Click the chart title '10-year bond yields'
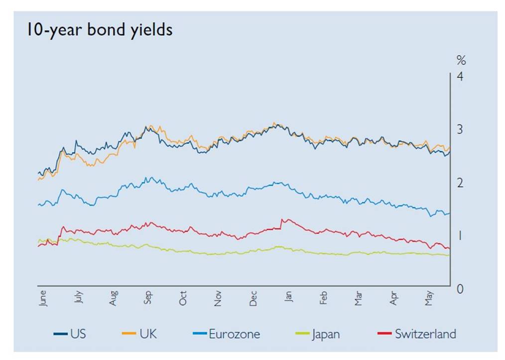(x=100, y=30)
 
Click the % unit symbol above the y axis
(x=461, y=61)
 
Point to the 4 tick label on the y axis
(x=461, y=77)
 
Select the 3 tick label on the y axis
(x=461, y=129)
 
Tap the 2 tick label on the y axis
(x=461, y=183)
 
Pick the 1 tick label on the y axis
(x=461, y=236)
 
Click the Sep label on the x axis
(x=148, y=297)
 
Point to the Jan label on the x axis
(x=289, y=297)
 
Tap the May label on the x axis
(x=429, y=297)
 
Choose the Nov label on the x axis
(x=218, y=297)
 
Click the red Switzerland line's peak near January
(x=283, y=219)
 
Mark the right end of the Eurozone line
(x=450, y=213)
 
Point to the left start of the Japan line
(x=38, y=240)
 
